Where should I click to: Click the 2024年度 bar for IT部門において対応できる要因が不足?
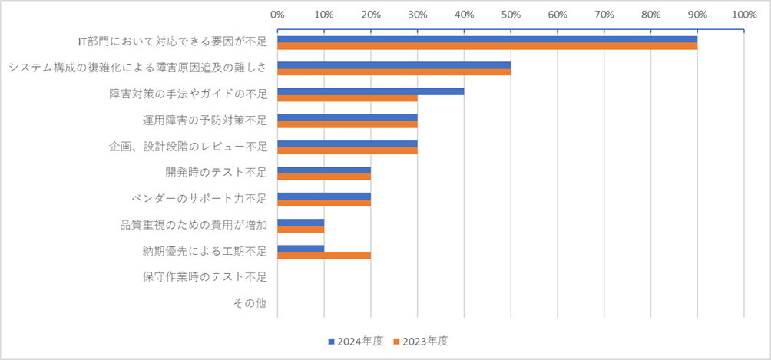point(487,40)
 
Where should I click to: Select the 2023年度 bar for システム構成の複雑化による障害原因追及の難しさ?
point(394,72)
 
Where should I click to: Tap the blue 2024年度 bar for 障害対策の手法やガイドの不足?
point(370,91)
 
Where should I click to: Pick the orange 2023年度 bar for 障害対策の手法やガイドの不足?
point(347,98)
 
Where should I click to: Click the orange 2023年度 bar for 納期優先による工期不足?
point(324,255)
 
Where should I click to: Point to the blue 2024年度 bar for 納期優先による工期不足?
point(300,248)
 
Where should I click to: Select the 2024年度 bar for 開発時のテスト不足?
point(324,170)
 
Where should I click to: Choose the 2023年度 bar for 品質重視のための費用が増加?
point(300,229)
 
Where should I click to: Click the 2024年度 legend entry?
point(355,340)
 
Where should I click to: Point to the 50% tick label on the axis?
point(511,14)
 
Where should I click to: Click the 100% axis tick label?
point(743,14)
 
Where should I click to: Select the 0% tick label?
point(277,14)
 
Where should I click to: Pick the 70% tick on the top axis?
point(604,14)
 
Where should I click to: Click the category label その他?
point(250,303)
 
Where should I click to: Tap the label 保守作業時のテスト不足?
point(205,277)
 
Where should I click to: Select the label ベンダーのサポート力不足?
point(200,199)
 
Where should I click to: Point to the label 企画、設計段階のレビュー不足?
point(188,147)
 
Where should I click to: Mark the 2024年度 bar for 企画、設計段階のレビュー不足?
point(347,144)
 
